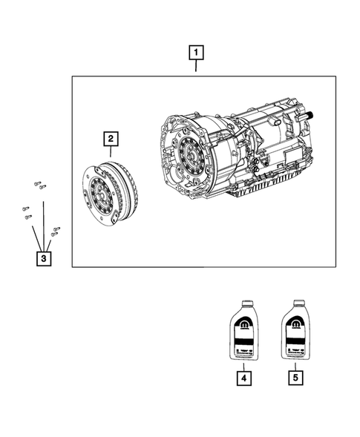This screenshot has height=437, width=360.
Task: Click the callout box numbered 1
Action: [196, 53]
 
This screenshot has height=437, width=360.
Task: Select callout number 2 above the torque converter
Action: [110, 139]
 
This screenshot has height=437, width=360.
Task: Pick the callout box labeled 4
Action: [243, 378]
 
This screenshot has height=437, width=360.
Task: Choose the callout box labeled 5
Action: [295, 378]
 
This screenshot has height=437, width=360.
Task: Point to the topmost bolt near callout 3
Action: [36, 183]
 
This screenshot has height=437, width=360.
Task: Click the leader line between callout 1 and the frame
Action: [196, 68]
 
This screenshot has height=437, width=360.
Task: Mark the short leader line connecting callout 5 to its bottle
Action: [295, 365]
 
